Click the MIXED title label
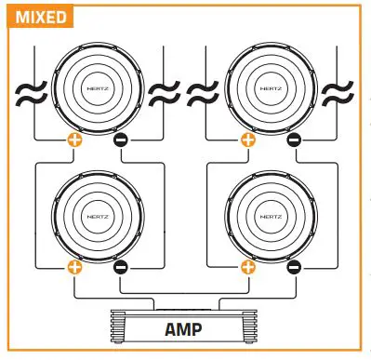click(37, 16)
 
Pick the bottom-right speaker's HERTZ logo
click(272, 214)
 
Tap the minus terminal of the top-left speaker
click(121, 141)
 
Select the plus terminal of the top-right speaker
click(247, 141)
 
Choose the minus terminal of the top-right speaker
click(294, 141)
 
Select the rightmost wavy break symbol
click(339, 92)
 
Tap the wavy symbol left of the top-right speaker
click(201, 92)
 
